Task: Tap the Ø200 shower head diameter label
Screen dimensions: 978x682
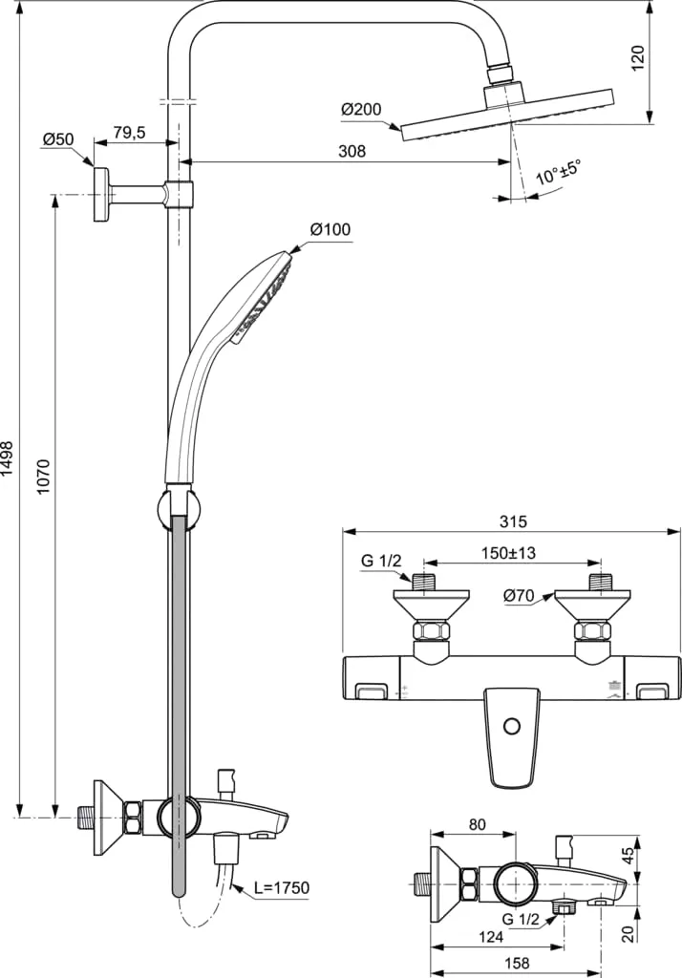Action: (360, 110)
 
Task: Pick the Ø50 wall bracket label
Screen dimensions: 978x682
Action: (57, 139)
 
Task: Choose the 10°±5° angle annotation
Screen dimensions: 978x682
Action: (558, 174)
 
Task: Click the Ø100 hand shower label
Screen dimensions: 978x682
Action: (330, 229)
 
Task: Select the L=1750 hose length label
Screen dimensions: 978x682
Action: (282, 887)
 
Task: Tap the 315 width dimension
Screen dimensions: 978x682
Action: (513, 521)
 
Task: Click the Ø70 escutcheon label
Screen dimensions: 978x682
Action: (519, 596)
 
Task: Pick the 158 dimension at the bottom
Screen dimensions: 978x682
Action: (517, 965)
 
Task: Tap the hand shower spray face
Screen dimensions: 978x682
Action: (262, 296)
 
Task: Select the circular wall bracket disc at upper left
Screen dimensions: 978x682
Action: (100, 194)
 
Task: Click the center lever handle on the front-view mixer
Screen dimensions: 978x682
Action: (513, 735)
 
